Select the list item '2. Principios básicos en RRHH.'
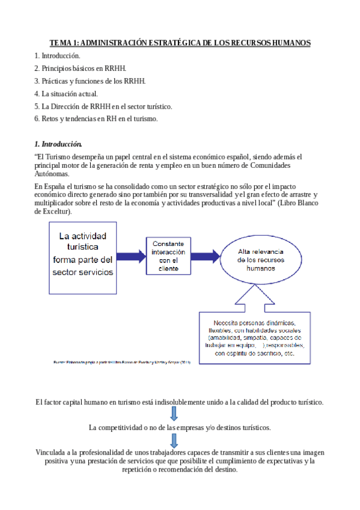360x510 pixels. coord(84,68)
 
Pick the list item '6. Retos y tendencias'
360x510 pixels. coord(96,118)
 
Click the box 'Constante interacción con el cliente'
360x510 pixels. coord(172,256)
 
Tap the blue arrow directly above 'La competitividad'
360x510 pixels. coord(174,414)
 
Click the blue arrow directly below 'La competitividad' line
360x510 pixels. coord(174,440)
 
